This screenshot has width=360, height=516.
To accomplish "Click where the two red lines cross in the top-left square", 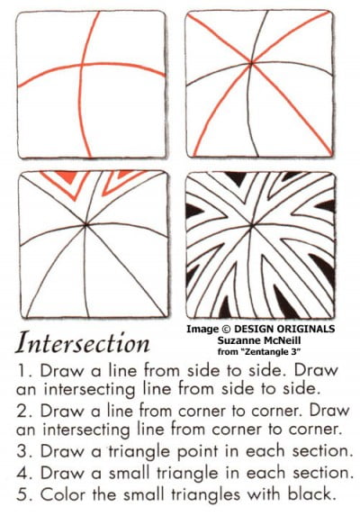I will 83,66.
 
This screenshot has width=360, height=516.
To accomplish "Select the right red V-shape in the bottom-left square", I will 120,183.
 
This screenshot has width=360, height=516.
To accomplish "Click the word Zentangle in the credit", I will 278,353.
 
